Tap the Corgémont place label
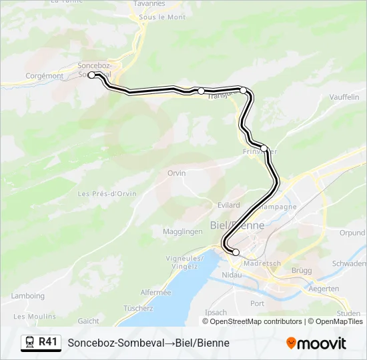(44, 76)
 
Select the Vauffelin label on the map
(344, 97)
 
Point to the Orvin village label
(177, 173)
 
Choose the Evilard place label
(228, 205)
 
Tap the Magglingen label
(182, 231)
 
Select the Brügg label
(302, 270)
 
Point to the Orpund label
(352, 233)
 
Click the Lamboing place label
(28, 296)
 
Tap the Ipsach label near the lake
(216, 312)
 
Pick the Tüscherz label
(138, 308)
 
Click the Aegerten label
(324, 289)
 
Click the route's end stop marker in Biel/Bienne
(236, 252)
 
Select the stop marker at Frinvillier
(264, 148)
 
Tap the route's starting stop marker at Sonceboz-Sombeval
(92, 75)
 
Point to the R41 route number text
(48, 342)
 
